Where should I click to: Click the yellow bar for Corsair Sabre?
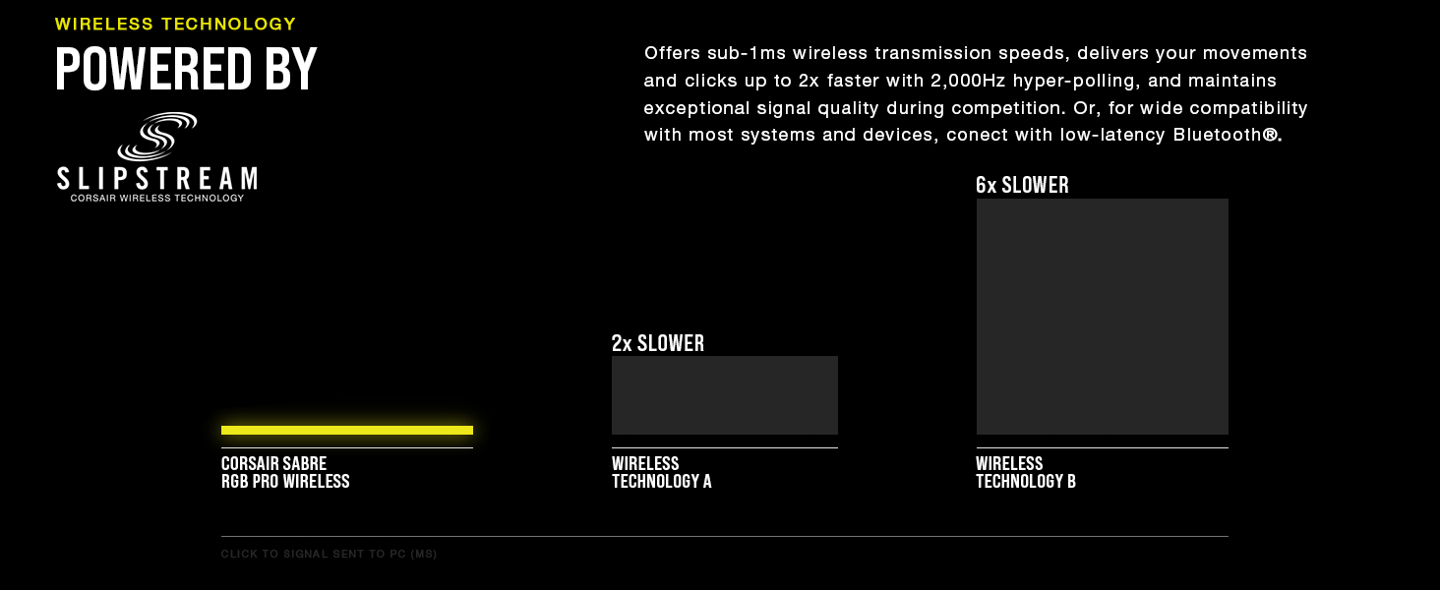(x=347, y=430)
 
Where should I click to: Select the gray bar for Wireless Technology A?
(x=725, y=395)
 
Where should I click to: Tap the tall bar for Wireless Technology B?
(x=1103, y=317)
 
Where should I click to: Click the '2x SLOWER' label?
(x=658, y=343)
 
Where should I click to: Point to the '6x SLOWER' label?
(x=1022, y=185)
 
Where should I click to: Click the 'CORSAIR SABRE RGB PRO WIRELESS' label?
(x=285, y=472)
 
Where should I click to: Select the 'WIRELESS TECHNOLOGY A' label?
(x=661, y=472)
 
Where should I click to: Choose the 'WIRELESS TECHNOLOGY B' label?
(x=1026, y=472)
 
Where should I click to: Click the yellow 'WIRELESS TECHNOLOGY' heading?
(x=175, y=24)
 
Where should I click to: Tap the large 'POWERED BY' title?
(x=187, y=70)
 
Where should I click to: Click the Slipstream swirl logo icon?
(x=157, y=136)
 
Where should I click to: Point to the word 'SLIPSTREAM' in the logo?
(x=157, y=179)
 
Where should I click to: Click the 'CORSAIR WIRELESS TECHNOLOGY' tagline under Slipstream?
(x=157, y=198)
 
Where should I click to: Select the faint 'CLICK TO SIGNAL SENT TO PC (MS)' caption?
(x=330, y=555)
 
